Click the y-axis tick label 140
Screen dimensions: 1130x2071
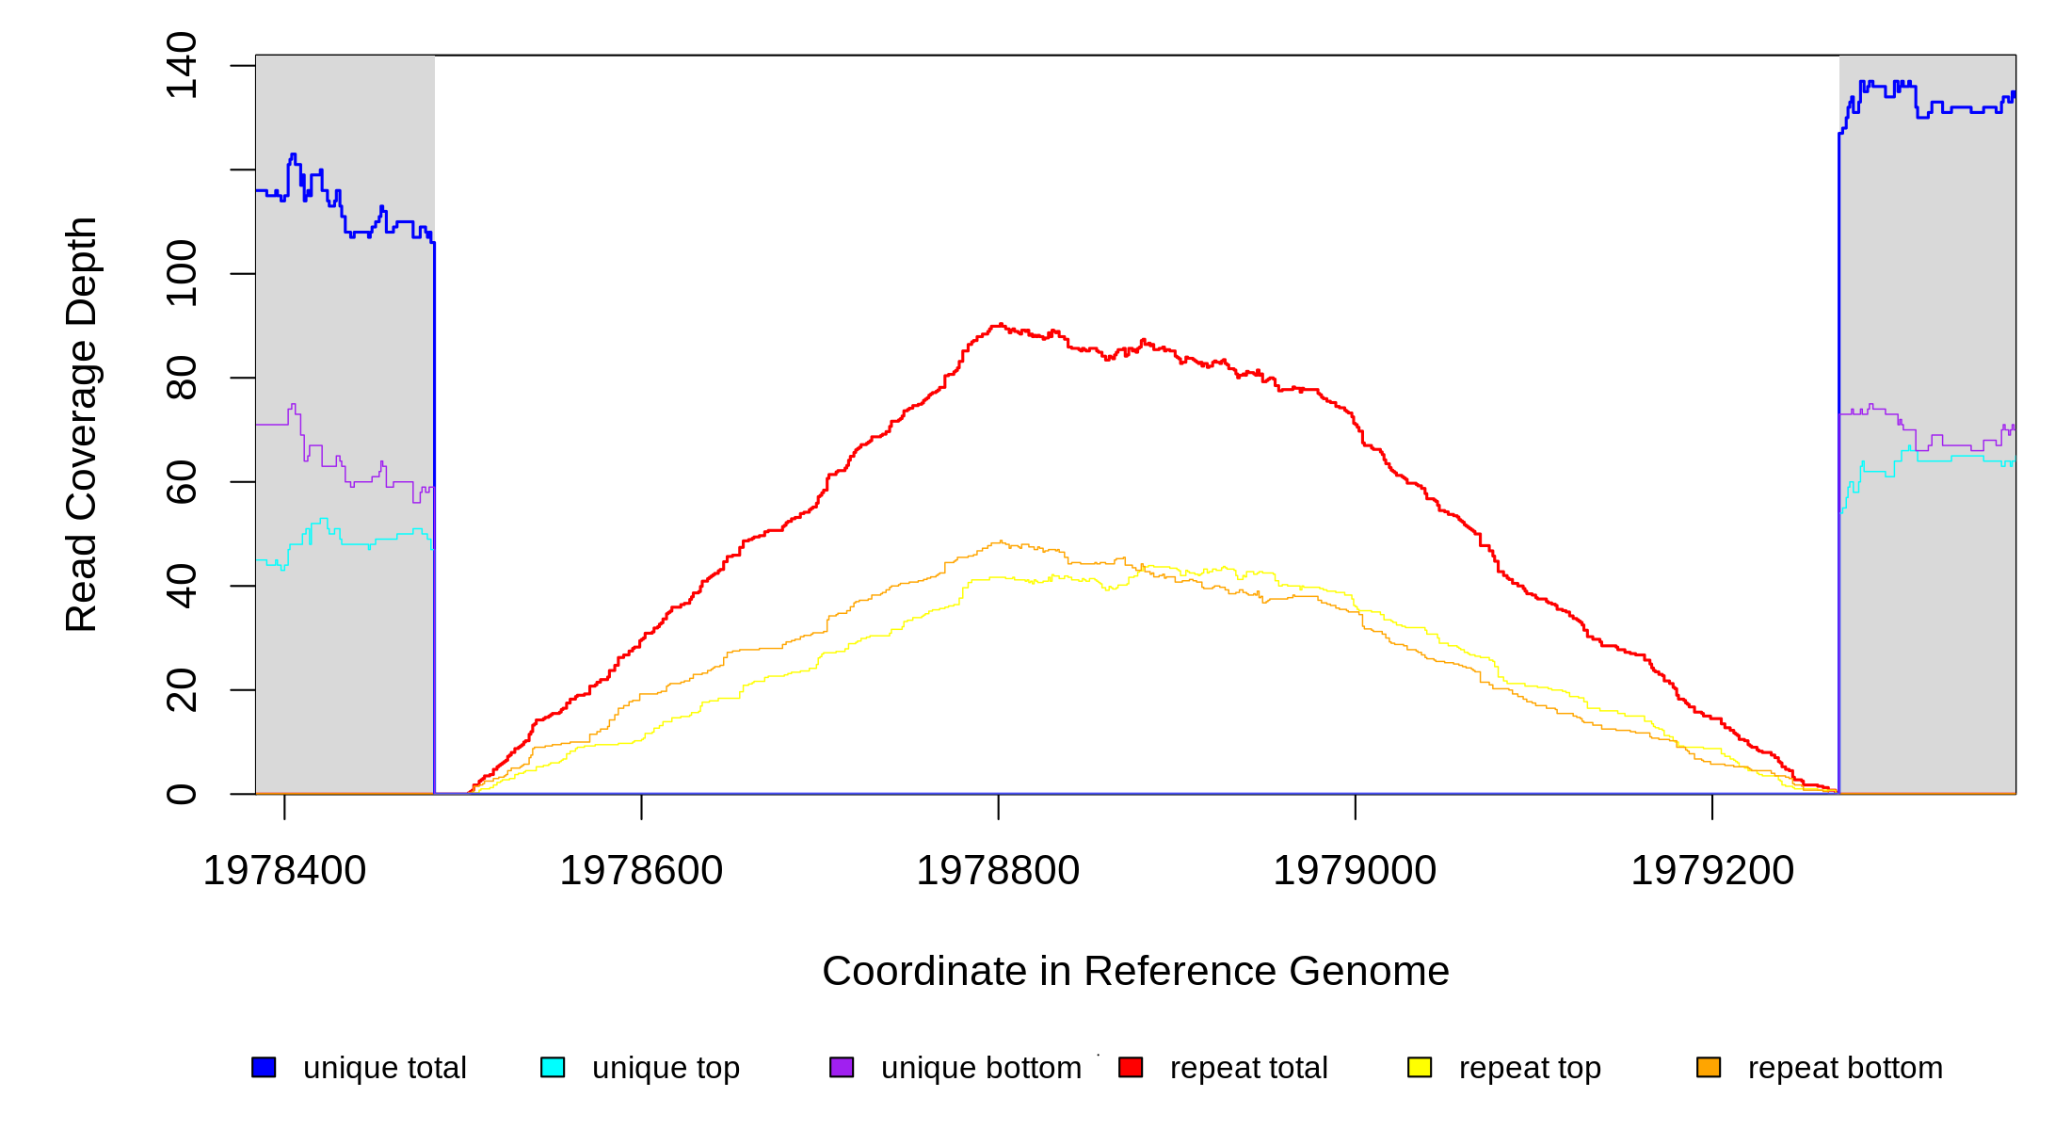click(x=181, y=65)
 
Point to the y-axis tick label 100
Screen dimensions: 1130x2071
click(x=181, y=273)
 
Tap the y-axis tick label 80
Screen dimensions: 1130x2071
click(x=181, y=378)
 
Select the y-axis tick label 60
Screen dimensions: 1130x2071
click(x=181, y=482)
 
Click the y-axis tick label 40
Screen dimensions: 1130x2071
click(x=181, y=586)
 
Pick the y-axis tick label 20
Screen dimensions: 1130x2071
click(x=181, y=690)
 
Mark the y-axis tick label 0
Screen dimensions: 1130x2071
click(x=181, y=794)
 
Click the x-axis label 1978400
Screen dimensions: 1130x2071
click(x=284, y=871)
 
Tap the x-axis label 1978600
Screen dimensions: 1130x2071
click(x=641, y=871)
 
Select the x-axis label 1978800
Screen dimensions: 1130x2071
click(x=998, y=871)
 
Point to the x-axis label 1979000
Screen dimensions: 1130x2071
click(x=1355, y=871)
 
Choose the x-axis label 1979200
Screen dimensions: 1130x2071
click(x=1712, y=871)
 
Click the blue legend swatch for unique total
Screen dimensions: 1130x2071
click(x=264, y=1067)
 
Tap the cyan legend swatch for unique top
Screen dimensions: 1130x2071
click(x=553, y=1067)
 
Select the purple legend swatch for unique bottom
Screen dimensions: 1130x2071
click(x=842, y=1067)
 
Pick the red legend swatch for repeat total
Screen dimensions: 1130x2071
click(x=1131, y=1067)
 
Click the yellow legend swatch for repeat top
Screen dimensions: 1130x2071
click(x=1420, y=1067)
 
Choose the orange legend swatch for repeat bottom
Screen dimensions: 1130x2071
click(x=1709, y=1067)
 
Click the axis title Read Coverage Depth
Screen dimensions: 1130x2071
click(x=82, y=424)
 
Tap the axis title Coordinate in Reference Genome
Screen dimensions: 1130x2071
click(x=1135, y=971)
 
